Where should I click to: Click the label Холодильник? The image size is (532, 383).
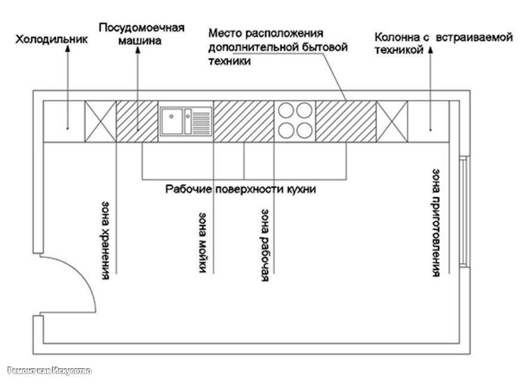(53, 39)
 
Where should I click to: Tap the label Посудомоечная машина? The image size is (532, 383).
(142, 35)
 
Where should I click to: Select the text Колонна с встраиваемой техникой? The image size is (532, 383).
(444, 44)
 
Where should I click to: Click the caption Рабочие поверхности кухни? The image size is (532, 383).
(240, 189)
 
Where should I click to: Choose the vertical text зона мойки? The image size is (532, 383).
(203, 241)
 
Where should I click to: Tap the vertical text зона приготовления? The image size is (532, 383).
(436, 222)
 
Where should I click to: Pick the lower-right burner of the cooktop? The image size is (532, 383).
(305, 129)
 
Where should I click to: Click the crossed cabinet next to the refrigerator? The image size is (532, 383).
(100, 121)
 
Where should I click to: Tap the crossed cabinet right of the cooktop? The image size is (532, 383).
(392, 121)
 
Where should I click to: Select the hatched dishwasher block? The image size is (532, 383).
(137, 121)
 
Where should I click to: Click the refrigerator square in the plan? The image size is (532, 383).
(64, 121)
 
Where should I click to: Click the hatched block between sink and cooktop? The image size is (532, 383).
(243, 121)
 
